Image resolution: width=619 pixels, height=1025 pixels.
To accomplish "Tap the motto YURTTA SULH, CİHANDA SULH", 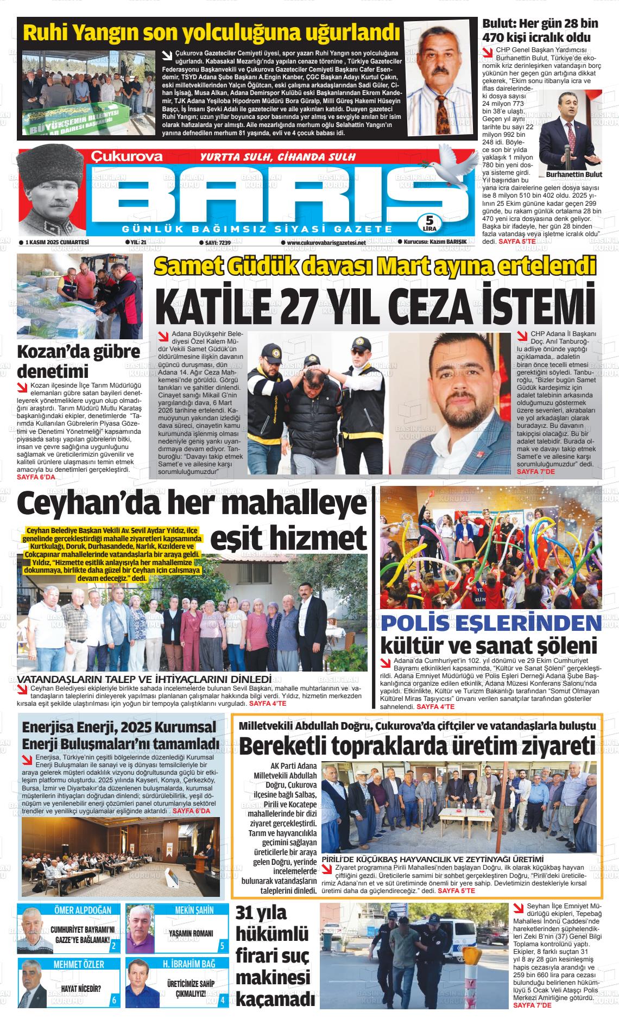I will pyautogui.click(x=277, y=157).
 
